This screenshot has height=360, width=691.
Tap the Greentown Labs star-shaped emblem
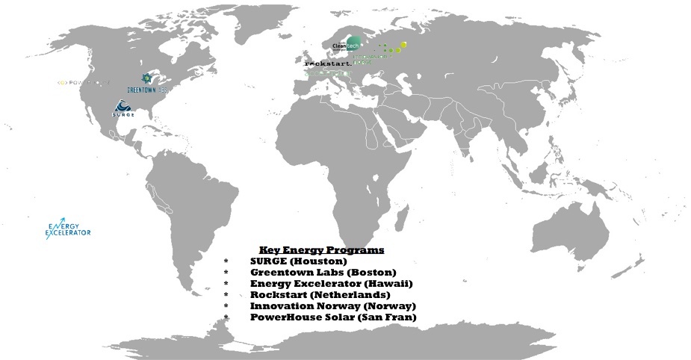coord(148,78)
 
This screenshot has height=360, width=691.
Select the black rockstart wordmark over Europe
coord(327,64)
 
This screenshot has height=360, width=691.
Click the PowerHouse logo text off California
coord(84,81)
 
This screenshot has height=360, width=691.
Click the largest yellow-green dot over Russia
coord(403,46)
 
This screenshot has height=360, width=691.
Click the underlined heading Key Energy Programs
coord(321,249)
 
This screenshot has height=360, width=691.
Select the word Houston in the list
coord(326,261)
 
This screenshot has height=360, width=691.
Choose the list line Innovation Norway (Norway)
coord(332,306)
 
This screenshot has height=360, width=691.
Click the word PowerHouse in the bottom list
coord(280,317)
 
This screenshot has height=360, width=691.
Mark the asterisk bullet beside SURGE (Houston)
coord(226,261)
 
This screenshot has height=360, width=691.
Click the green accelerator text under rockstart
coord(327,73)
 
